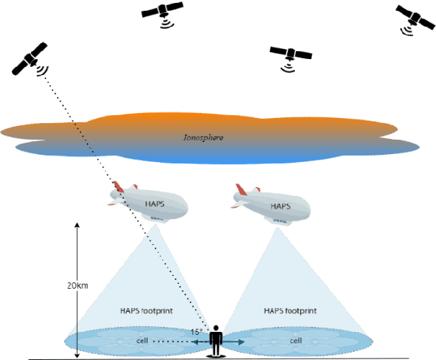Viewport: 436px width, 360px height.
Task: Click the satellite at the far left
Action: (x=29, y=59)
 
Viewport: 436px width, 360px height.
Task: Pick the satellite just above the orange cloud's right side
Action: (x=291, y=53)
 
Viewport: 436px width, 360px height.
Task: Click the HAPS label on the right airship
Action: (x=281, y=206)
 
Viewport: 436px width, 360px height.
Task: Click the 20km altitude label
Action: (x=77, y=287)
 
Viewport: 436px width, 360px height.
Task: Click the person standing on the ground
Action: (x=215, y=341)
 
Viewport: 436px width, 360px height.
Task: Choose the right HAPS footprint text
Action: (x=291, y=312)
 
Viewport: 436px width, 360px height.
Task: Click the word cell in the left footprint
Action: (x=142, y=340)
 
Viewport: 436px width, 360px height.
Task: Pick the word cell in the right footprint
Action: (x=295, y=340)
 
